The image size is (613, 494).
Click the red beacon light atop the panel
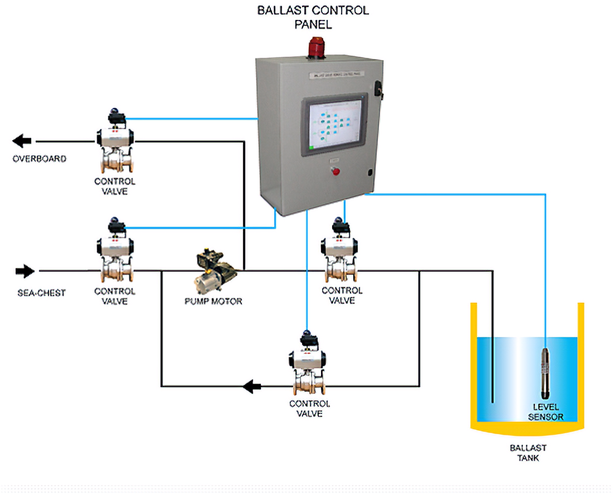(x=316, y=47)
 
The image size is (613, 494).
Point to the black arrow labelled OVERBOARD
(x=22, y=141)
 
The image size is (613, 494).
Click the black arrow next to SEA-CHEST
(x=25, y=271)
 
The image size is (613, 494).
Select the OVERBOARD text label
(x=40, y=159)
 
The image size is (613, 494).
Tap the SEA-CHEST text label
(x=41, y=293)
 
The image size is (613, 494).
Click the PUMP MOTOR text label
(x=213, y=302)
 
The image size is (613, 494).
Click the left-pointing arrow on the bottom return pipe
(x=253, y=386)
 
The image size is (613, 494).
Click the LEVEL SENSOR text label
(x=546, y=412)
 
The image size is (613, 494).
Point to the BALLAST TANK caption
(x=528, y=452)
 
